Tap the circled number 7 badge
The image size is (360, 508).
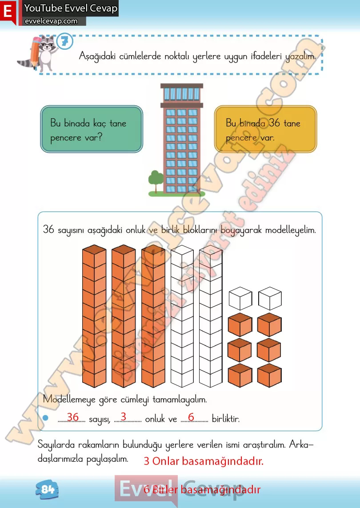(65, 41)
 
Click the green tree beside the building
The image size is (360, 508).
(156, 181)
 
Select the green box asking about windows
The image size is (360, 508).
(92, 129)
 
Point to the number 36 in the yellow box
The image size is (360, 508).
(274, 123)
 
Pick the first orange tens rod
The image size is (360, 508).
(94, 316)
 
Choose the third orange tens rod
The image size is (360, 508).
(153, 316)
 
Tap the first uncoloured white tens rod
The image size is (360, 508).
(182, 316)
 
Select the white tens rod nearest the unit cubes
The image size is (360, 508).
(211, 316)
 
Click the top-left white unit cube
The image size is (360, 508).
(240, 298)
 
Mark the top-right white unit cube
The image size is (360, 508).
(270, 298)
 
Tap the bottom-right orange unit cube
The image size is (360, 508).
(270, 375)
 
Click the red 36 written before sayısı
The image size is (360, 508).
(73, 417)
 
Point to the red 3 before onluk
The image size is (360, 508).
(124, 416)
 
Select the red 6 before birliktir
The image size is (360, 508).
(191, 417)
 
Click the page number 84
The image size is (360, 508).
(47, 489)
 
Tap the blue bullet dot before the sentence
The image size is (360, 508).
(45, 418)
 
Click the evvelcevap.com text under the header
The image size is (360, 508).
(52, 21)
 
